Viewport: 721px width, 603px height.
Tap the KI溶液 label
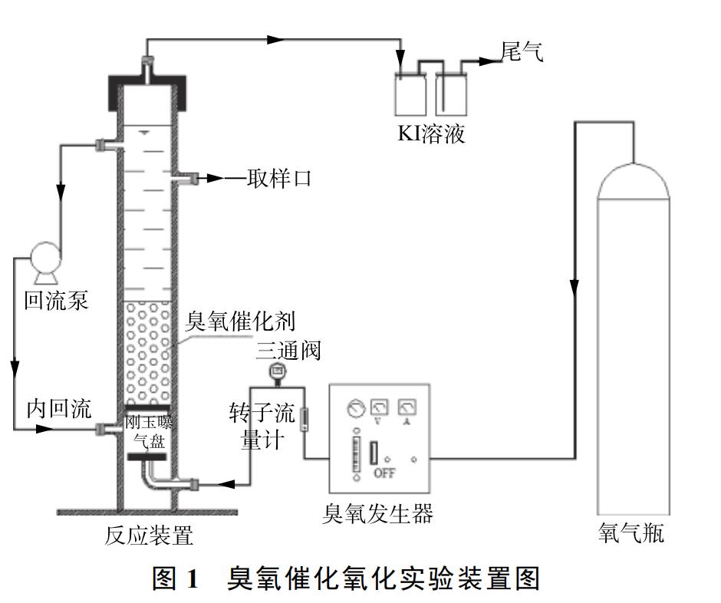[x=431, y=134]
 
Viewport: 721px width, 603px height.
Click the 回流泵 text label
[x=57, y=299]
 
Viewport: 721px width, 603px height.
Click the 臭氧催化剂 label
[x=240, y=321]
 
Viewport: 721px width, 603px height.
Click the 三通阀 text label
[x=288, y=351]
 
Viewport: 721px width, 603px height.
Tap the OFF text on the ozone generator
[x=384, y=473]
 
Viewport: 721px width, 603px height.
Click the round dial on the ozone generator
[x=354, y=408]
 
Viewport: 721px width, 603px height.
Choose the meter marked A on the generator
[x=407, y=407]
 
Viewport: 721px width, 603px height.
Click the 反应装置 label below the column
[x=149, y=535]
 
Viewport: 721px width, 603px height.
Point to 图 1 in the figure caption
[x=176, y=578]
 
